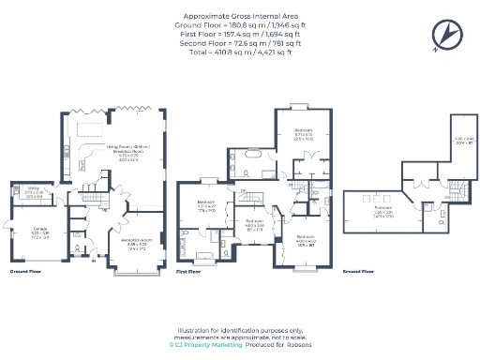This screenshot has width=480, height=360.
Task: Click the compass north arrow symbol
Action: point(446,35)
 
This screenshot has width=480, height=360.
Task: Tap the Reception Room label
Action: point(136,245)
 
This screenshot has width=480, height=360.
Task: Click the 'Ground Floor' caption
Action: point(25,271)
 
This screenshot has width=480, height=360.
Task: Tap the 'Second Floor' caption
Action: point(357,271)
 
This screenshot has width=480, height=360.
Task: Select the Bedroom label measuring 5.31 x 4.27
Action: point(207,206)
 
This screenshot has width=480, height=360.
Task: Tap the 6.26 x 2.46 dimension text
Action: point(463,141)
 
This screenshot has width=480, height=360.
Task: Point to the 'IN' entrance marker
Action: point(94,262)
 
